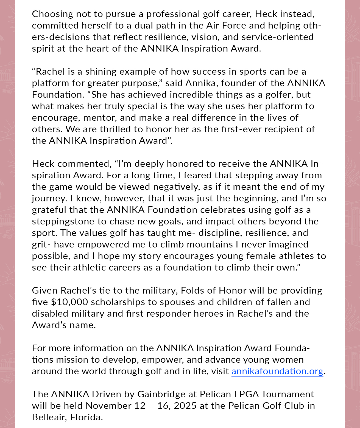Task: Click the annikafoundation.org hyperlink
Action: point(277,371)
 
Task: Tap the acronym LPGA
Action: point(246,394)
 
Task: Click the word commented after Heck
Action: point(84,164)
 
